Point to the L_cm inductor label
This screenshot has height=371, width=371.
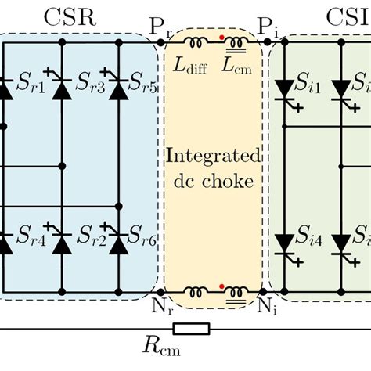(234, 68)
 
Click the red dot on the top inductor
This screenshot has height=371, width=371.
(222, 36)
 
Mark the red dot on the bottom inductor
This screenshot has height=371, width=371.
(222, 286)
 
